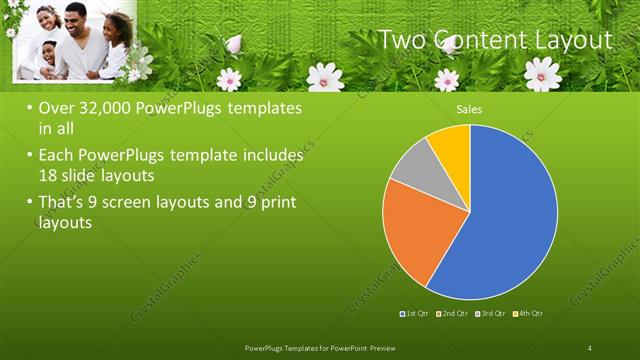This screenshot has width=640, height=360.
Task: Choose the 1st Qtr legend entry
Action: point(415,314)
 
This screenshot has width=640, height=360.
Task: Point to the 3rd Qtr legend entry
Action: point(492,314)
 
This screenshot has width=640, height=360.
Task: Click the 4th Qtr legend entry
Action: point(529,314)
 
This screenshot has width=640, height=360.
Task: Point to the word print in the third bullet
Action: point(277,203)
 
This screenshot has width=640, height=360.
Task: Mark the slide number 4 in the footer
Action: point(590,347)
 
